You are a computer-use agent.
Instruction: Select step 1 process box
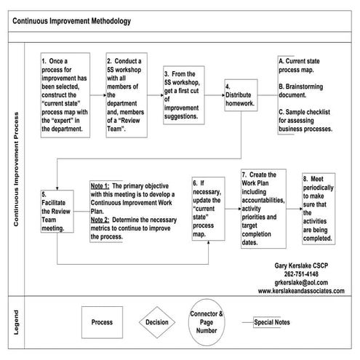(69, 95)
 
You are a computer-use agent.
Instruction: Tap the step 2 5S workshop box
(129, 95)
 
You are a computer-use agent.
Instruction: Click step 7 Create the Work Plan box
(262, 209)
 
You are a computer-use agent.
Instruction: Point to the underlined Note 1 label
(100, 186)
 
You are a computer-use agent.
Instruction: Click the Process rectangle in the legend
(101, 321)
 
